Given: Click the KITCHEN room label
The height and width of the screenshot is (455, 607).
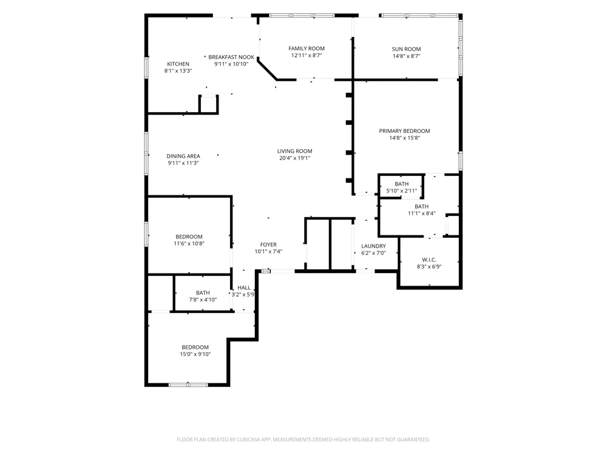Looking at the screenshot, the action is point(178,64).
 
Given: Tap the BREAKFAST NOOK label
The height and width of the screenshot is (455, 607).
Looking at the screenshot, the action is point(231,57).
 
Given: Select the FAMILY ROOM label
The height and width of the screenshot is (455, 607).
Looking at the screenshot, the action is point(307,49).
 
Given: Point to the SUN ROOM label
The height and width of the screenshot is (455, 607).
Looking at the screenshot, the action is point(406,49).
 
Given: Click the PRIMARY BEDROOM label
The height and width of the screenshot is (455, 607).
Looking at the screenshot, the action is point(404,131).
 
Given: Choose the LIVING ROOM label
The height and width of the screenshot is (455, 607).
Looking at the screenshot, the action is point(294,151).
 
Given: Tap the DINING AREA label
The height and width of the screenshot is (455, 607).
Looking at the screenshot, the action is point(183,156).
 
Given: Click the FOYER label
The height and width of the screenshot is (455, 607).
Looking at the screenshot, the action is point(268,244).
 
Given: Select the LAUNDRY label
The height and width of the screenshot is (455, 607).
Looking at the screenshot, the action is point(373,246).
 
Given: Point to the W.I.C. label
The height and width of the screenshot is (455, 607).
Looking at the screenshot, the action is point(429,260).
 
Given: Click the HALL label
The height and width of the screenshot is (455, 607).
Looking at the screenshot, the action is point(244,288).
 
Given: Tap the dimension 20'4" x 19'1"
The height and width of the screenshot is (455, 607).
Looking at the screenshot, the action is point(294,158).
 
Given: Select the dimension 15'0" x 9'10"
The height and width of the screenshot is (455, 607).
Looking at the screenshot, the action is point(195,354).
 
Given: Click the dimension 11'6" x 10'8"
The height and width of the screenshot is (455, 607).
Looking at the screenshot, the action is point(189,243).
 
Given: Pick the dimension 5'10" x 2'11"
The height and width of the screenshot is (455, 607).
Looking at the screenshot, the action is point(401,190).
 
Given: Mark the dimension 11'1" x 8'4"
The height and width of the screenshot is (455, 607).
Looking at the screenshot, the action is point(422,213).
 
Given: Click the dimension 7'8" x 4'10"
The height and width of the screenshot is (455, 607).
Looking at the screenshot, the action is point(203,300).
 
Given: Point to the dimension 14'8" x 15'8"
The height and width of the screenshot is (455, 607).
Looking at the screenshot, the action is point(404,138).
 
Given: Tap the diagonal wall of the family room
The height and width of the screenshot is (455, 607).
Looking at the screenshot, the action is point(268,70).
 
